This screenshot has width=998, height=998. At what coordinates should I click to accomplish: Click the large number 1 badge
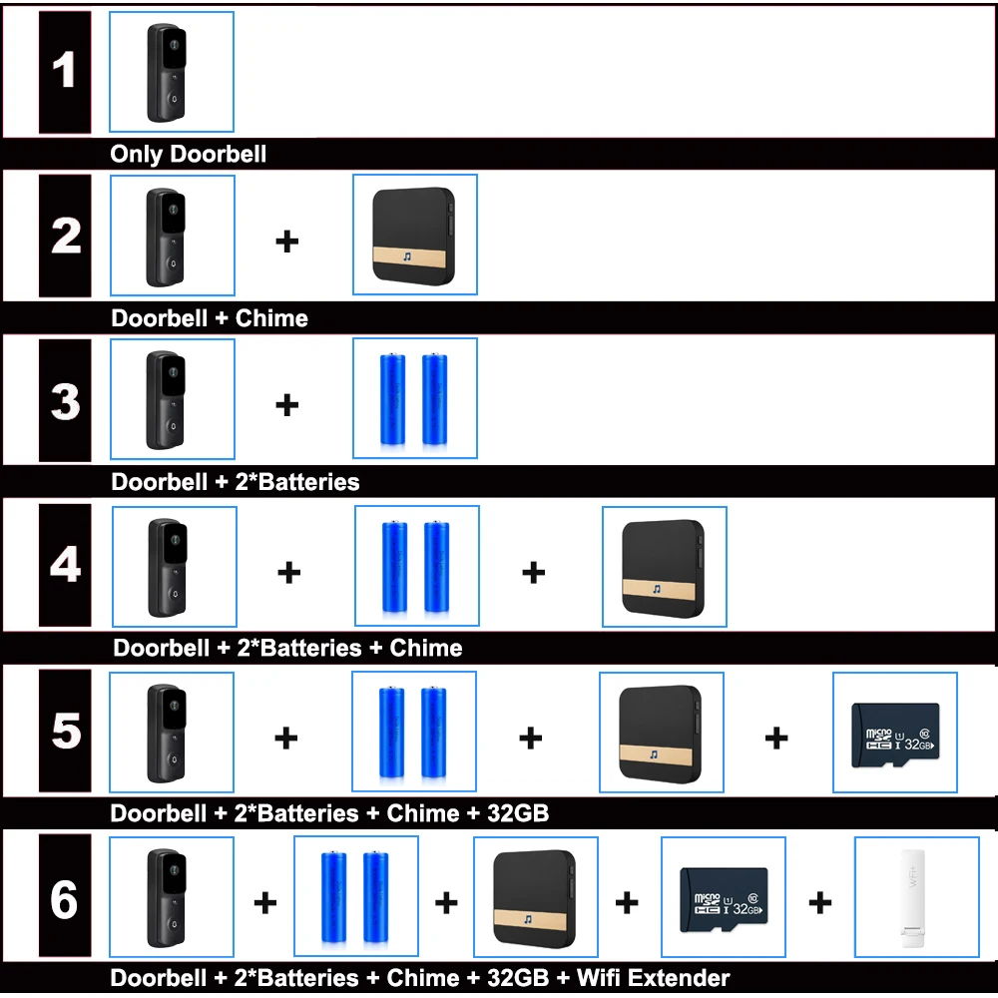click(x=65, y=72)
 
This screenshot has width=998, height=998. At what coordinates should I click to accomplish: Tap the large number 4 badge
click(x=66, y=565)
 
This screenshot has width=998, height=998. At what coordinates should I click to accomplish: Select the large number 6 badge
click(x=65, y=900)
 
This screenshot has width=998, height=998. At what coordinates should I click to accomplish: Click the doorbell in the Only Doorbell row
click(x=168, y=72)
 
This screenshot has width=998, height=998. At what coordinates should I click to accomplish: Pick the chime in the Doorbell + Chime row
click(x=414, y=236)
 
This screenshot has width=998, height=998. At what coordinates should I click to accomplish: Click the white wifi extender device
click(x=916, y=898)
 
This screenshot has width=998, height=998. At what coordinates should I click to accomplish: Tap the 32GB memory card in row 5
click(x=895, y=735)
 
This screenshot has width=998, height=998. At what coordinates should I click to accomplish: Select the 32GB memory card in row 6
click(x=723, y=898)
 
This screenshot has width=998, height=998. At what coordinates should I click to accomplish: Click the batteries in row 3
click(x=414, y=399)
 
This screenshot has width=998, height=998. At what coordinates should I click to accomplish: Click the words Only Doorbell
click(x=189, y=155)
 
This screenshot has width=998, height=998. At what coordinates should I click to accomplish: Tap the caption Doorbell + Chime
click(x=210, y=318)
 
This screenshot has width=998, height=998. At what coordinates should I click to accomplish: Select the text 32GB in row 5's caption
click(x=517, y=813)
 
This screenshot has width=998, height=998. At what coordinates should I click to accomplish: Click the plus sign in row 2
click(x=287, y=242)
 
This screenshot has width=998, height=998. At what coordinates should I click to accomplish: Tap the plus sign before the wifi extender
click(x=819, y=903)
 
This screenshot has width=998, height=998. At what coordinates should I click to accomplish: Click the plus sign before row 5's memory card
click(x=776, y=739)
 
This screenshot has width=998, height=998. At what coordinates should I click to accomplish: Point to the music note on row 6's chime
click(x=528, y=917)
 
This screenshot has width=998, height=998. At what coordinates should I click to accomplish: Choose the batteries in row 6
click(x=355, y=898)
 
